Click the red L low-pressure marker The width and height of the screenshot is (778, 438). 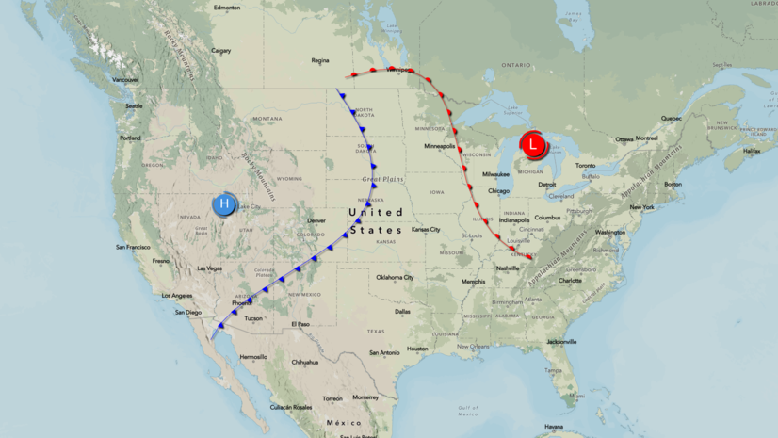point(533,145)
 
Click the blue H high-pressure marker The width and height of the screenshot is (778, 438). point(224,204)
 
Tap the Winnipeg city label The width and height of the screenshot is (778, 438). point(399,70)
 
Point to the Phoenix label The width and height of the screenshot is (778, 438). point(242,302)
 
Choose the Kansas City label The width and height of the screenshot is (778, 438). point(426,229)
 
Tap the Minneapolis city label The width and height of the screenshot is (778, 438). point(439,146)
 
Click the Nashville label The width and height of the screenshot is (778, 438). point(509,268)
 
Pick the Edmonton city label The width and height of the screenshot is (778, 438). point(227,8)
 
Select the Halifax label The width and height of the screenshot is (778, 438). point(751,151)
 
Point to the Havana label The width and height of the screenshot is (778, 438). point(554,427)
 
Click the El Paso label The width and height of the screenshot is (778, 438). point(300,324)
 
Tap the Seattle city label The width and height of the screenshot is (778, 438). point(133,105)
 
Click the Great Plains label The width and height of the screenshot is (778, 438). point(381,179)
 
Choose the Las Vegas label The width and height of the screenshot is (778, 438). point(209,268)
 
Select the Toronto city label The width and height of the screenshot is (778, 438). point(587,166)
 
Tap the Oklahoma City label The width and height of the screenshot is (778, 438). point(396,277)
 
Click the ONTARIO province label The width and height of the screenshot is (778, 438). point(516,64)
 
